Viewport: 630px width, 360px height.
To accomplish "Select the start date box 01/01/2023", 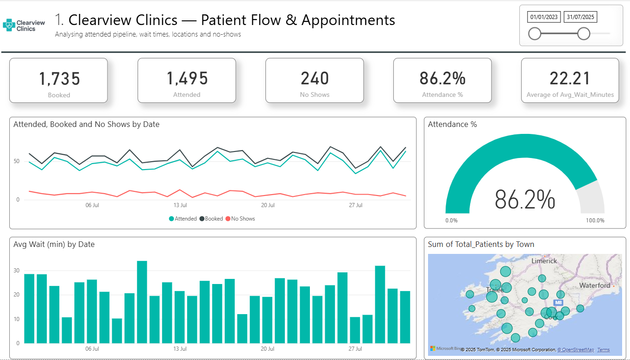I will pos(544,17).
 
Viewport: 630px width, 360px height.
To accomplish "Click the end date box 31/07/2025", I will pos(580,17).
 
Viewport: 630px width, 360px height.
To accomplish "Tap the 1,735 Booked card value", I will pos(59,79).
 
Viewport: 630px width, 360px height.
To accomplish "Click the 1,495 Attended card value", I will pos(187,79).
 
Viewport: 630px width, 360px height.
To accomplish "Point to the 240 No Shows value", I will pos(315,79).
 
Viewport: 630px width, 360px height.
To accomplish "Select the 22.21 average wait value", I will pos(570,79).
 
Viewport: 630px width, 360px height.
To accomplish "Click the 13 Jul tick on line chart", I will pos(180,205).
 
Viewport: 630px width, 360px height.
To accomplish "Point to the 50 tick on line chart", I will pos(17,161).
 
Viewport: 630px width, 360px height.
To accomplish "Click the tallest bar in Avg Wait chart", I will pos(142,302).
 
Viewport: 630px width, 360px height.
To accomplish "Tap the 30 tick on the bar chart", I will pos(17,271).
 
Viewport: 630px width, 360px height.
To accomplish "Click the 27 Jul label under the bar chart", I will pos(355,349).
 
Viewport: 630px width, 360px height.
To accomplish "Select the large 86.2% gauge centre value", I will pos(525,200).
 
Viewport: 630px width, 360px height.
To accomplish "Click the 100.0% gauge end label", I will pos(595,221).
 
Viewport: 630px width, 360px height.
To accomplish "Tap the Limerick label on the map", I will pos(544,261).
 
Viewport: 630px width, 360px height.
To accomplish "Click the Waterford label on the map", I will pos(594,285).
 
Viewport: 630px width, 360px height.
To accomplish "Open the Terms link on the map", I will pos(604,350).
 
